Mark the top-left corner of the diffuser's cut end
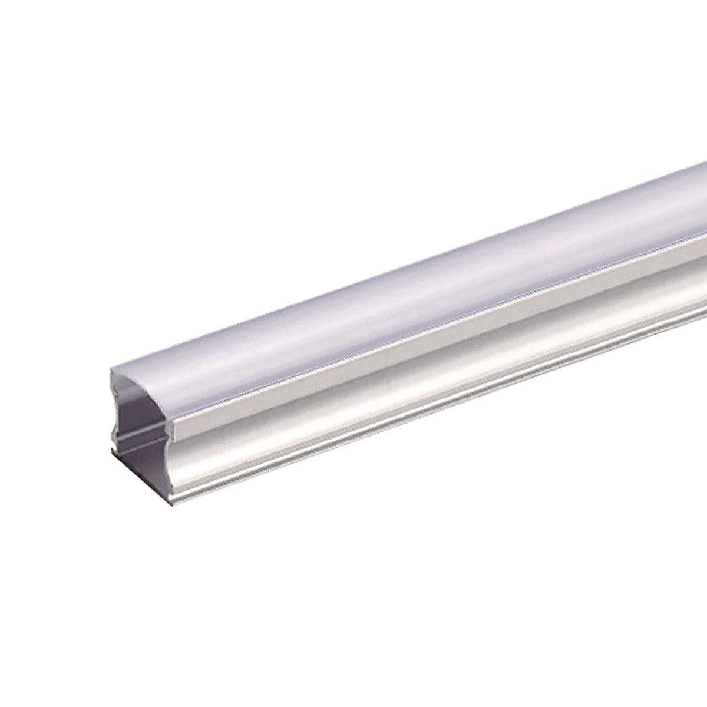coord(112,370)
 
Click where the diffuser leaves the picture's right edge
coord(704,206)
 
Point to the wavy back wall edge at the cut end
coord(114,412)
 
